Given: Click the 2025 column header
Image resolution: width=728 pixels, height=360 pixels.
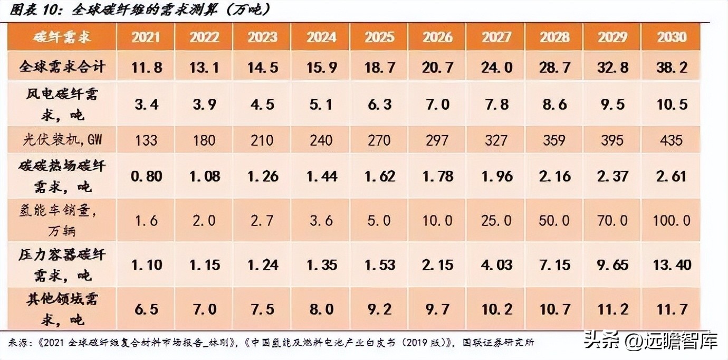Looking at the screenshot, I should click(379, 37).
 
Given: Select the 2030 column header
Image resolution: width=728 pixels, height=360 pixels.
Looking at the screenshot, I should click(671, 37).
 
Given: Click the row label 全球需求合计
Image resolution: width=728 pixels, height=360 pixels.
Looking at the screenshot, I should click(62, 68).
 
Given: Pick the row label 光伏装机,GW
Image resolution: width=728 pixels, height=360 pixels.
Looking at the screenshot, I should click(62, 140).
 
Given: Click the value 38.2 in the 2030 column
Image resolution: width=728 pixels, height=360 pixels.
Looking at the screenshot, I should click(671, 68).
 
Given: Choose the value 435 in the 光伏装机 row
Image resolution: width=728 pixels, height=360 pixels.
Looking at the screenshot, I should click(671, 140).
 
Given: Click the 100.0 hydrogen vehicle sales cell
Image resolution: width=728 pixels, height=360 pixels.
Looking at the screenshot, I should click(671, 220).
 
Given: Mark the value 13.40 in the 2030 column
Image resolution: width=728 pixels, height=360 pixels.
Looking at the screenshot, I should click(671, 264).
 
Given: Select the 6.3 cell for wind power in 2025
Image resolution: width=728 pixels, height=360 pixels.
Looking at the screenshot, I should click(379, 104).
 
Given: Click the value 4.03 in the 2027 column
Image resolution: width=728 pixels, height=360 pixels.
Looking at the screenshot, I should click(496, 264).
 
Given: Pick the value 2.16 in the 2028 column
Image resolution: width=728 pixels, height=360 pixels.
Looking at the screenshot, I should click(554, 176).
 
